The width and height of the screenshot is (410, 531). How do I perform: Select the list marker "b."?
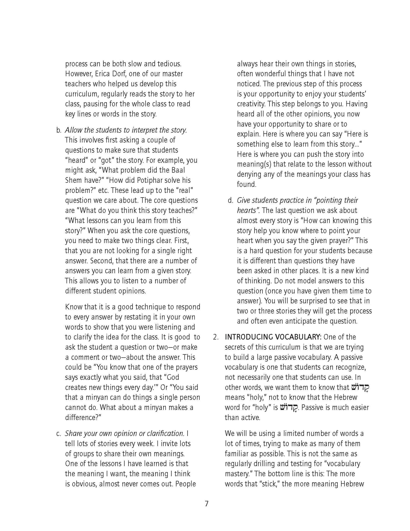pos(59,130)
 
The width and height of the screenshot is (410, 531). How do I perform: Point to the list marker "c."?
pos(59,434)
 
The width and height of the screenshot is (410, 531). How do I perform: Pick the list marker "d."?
pos(230,200)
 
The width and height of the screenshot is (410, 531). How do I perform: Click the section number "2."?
pos(216,337)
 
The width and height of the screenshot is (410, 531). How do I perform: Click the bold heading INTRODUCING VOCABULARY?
pos(273,337)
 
